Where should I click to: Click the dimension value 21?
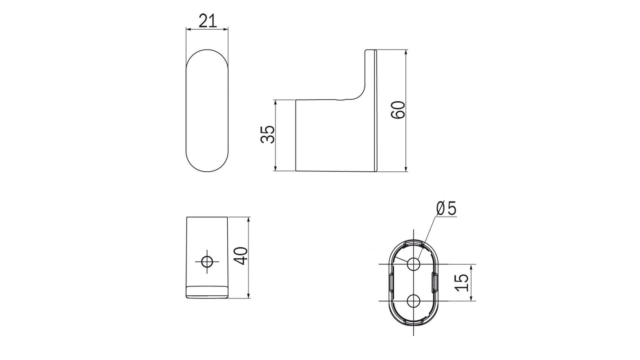tap(207, 21)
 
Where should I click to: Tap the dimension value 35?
tap(268, 135)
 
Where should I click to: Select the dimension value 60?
tap(398, 110)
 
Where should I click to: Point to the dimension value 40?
tap(240, 256)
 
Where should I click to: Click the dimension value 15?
tap(462, 282)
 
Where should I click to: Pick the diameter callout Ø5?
tap(446, 208)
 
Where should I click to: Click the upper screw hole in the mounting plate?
tap(414, 264)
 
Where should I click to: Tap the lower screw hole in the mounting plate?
tap(414, 301)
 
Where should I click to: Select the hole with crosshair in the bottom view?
tap(207, 262)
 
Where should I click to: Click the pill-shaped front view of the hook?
tap(207, 110)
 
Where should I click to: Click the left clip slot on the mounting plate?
tap(391, 283)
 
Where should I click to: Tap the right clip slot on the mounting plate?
tap(435, 283)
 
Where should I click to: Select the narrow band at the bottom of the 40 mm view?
tap(207, 292)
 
